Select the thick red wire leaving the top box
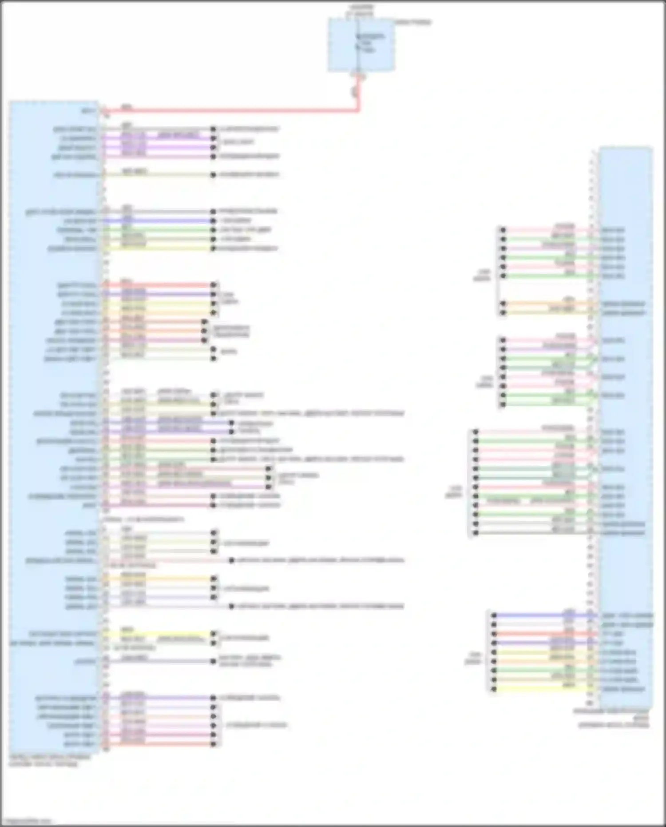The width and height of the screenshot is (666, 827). coord(231,110)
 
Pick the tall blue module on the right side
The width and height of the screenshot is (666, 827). coord(625,427)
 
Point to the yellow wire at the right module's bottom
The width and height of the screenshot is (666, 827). coord(542,689)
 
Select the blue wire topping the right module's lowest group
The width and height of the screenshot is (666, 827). coord(542,616)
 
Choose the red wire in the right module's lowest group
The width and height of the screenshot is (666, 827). coord(542,634)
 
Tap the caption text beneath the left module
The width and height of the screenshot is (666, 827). coord(49,760)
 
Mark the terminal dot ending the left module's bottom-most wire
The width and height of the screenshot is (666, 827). coord(214,744)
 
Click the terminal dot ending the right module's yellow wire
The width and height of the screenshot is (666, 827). coord(494,689)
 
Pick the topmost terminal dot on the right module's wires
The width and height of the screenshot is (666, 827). coord(503,230)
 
